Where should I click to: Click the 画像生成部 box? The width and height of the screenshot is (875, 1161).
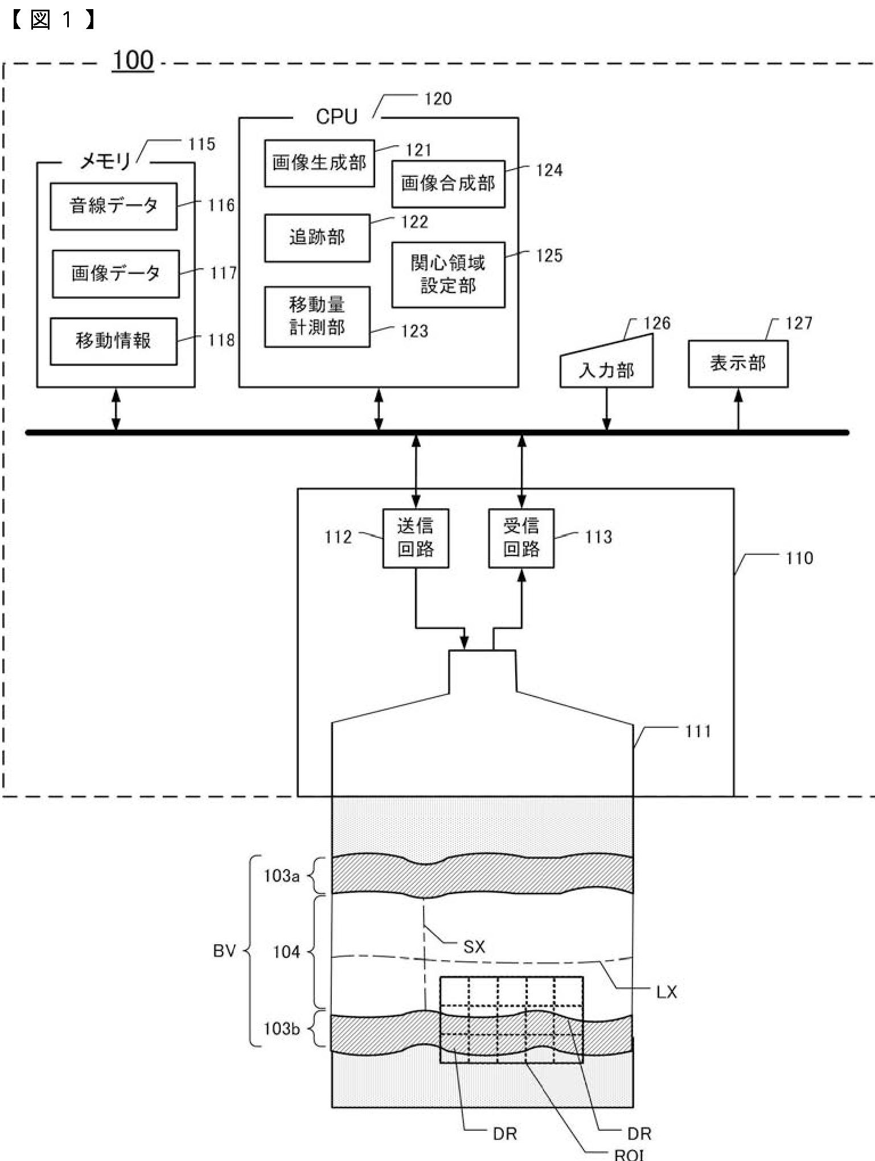click(319, 163)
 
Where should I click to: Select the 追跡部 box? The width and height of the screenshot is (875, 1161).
click(317, 238)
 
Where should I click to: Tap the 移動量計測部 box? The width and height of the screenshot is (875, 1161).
click(317, 316)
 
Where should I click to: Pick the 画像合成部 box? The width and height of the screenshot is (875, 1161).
click(448, 184)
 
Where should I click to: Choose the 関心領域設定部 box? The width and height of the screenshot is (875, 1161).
click(448, 275)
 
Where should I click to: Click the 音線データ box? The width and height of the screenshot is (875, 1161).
click(114, 206)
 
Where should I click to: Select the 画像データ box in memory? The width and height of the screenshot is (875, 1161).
click(116, 274)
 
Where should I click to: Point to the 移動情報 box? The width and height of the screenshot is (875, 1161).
click(114, 341)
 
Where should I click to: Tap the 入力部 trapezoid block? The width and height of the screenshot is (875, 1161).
click(606, 364)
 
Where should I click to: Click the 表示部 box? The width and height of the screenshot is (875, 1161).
click(738, 364)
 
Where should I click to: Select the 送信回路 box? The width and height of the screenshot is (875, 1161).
click(416, 538)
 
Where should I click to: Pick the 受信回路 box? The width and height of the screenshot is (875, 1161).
click(521, 538)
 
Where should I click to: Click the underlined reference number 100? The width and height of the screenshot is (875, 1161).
click(133, 60)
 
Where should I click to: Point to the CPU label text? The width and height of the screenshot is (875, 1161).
click(336, 117)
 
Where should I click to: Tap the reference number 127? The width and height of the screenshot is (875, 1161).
click(799, 323)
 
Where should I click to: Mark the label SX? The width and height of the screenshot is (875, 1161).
click(474, 946)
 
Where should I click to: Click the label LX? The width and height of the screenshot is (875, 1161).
click(667, 992)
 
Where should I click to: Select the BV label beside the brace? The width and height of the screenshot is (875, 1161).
click(224, 950)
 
